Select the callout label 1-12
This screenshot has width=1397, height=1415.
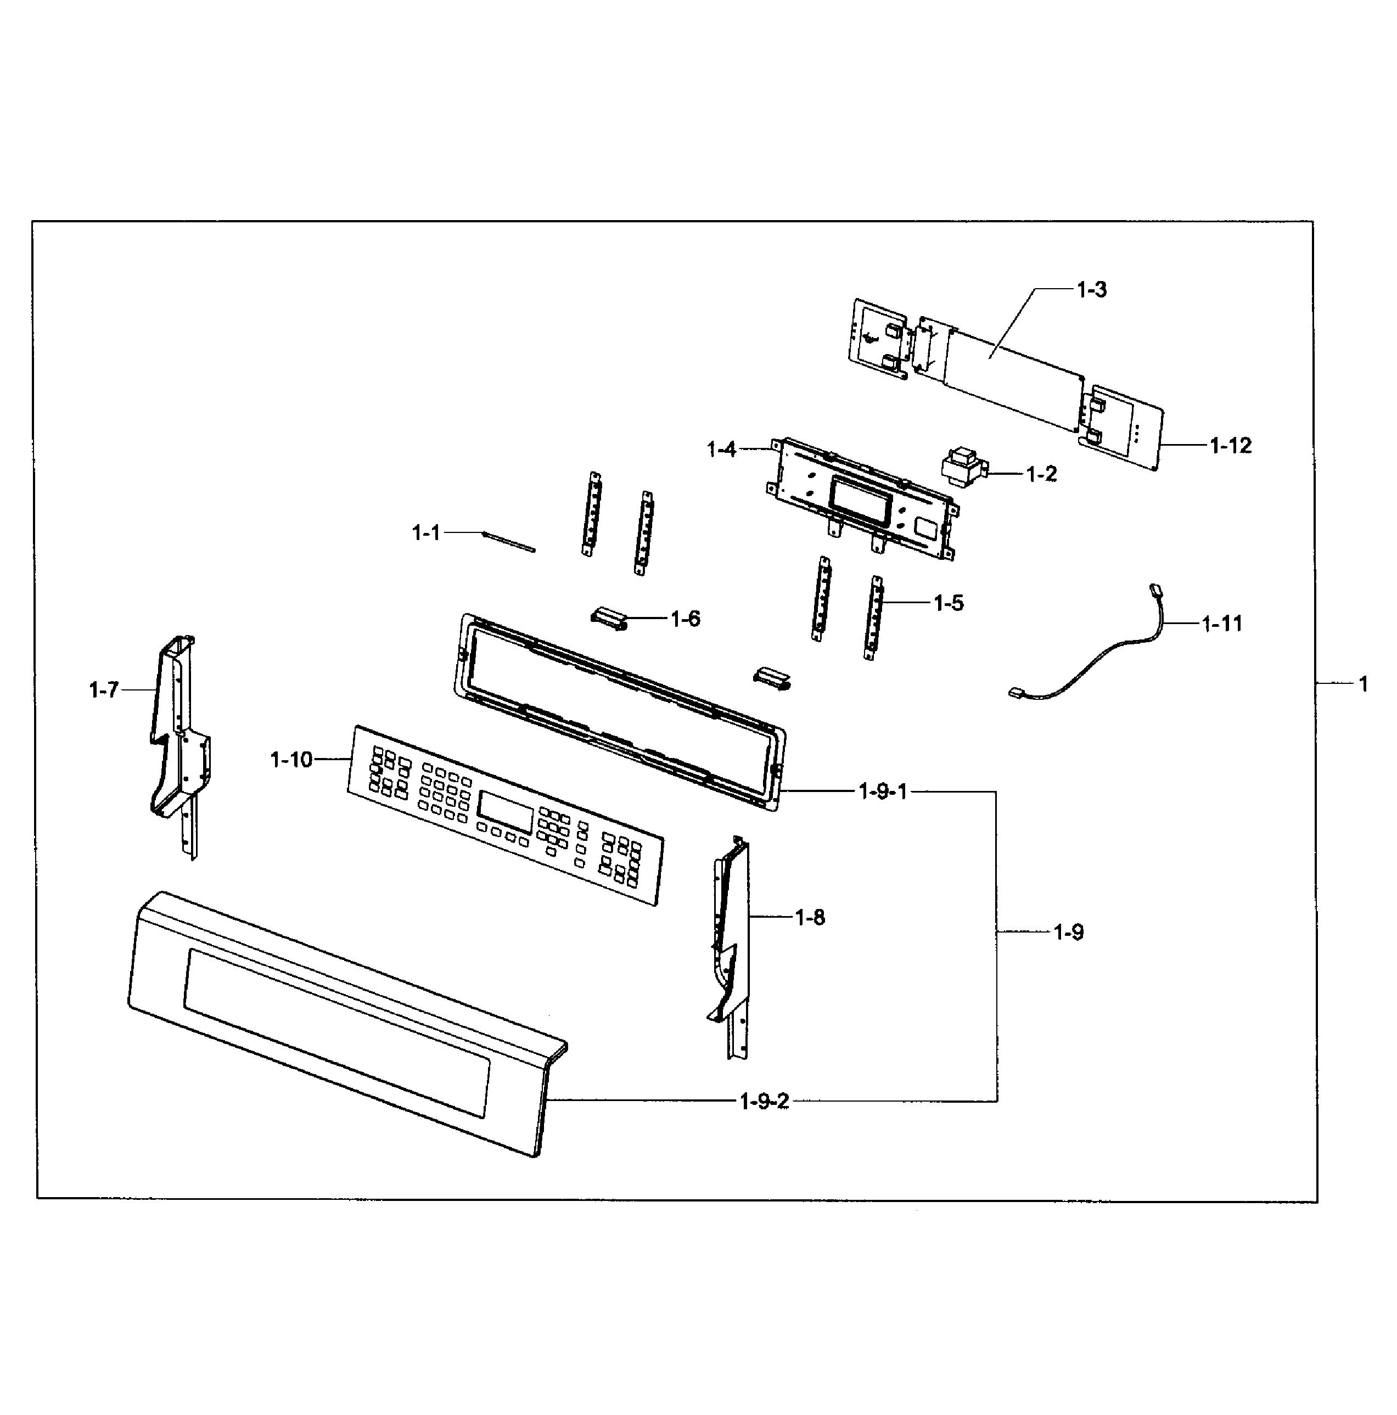tap(1230, 445)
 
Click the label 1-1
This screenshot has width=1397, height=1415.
tap(425, 532)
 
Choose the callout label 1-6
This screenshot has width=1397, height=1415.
tap(685, 619)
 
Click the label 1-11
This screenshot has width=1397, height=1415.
tap(1222, 624)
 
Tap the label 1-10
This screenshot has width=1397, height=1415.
tap(291, 760)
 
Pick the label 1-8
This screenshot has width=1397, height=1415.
tap(810, 917)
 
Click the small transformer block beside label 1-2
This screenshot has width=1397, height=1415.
tap(963, 467)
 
